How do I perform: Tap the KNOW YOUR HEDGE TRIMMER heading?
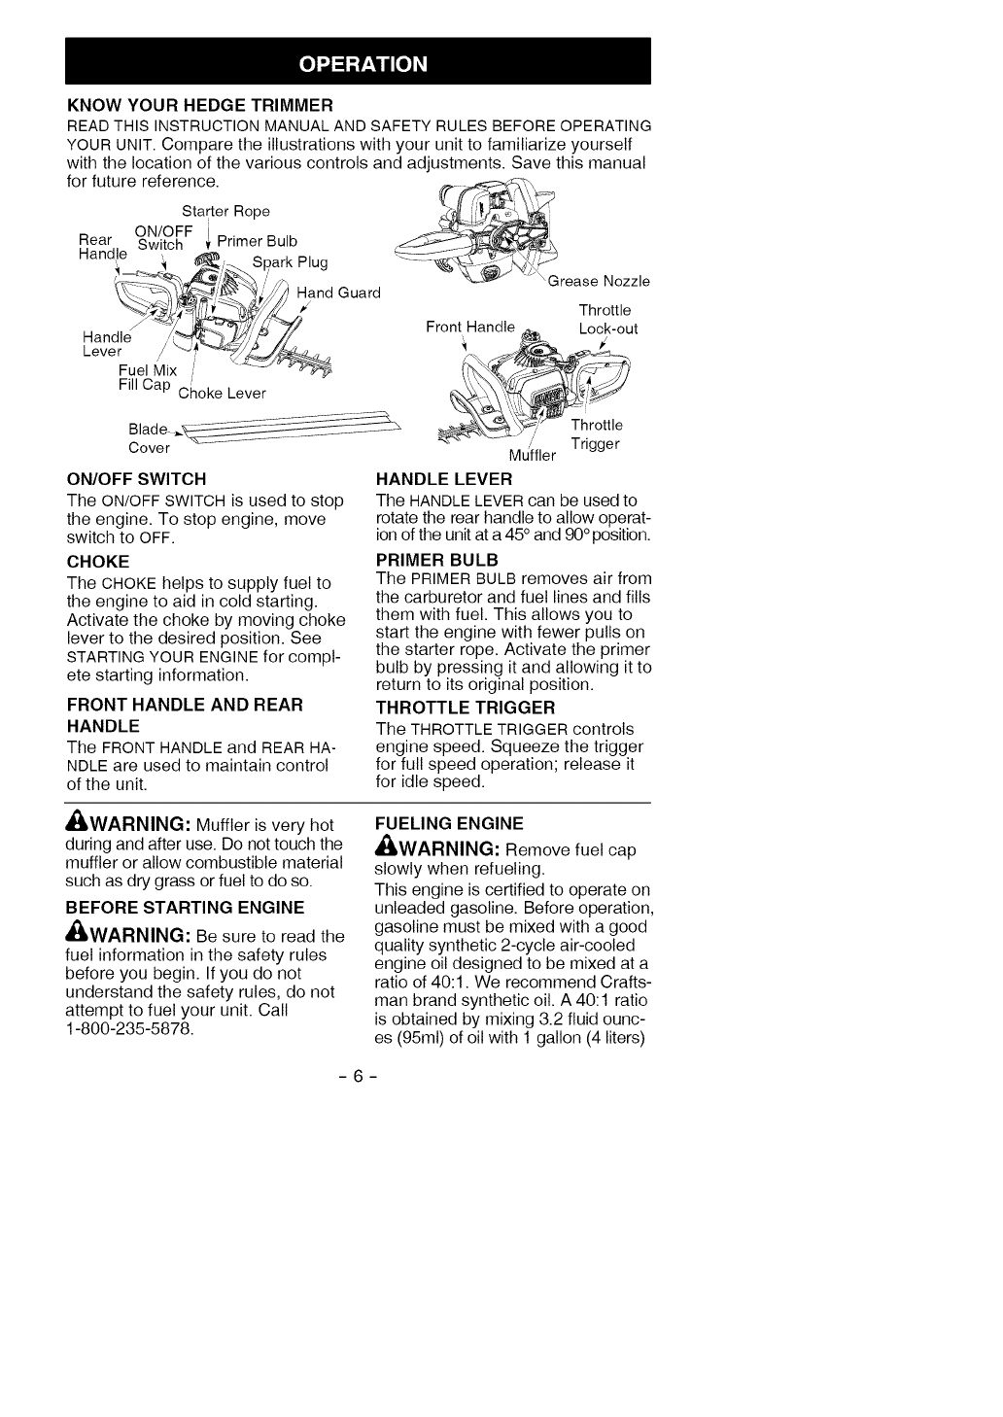click(199, 104)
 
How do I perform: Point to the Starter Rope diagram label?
click(225, 212)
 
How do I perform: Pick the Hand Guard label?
click(337, 293)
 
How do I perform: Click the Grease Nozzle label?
click(599, 282)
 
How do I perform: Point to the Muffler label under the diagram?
click(533, 455)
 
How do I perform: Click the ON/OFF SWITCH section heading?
click(136, 478)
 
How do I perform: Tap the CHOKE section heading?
click(97, 562)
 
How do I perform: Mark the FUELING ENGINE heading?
click(449, 823)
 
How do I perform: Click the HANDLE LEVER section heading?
click(443, 478)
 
